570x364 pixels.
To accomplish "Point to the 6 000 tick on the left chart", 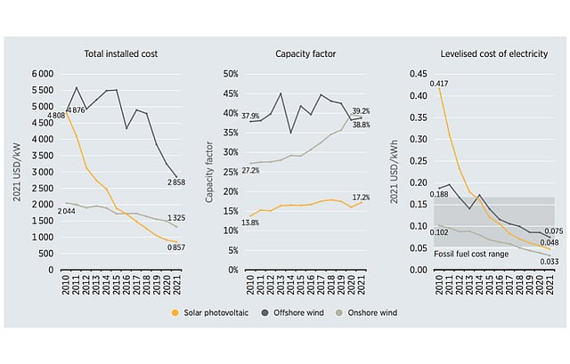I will coord(43,74).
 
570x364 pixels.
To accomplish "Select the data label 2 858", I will coord(178,183).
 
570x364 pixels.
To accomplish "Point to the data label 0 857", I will coord(178,247).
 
